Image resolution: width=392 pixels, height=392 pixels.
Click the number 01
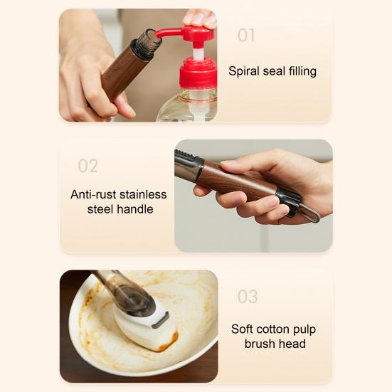(246, 36)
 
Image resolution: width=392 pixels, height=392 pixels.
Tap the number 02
(88, 166)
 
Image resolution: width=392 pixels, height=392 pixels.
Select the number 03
(248, 297)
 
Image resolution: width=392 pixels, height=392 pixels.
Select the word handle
(137, 209)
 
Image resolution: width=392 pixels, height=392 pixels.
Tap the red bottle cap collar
(198, 73)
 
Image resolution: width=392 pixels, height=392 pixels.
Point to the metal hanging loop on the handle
(309, 213)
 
